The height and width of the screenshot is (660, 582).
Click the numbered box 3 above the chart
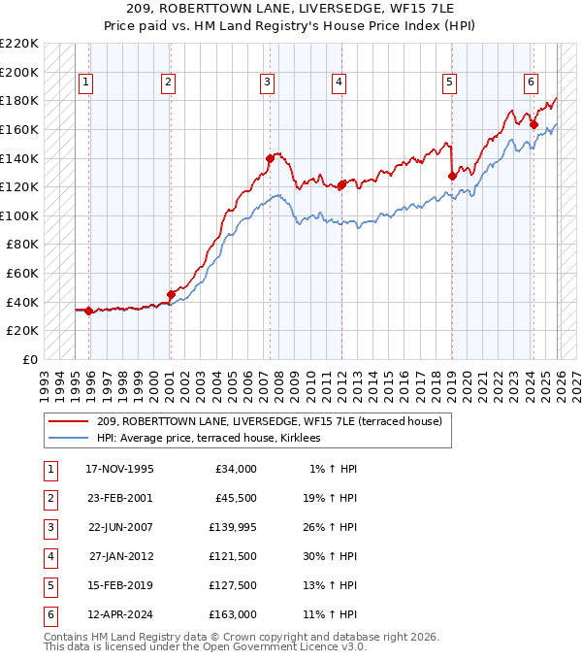266,83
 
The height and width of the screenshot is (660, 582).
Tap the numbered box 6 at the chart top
532,83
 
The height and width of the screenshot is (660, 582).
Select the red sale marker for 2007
270,158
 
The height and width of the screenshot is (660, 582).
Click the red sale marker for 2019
452,176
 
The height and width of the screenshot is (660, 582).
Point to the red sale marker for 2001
171,294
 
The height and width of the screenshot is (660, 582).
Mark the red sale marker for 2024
533,124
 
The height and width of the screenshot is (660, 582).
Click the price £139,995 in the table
232,528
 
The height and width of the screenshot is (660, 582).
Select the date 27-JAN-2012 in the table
121,557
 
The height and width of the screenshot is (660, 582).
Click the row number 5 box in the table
48,586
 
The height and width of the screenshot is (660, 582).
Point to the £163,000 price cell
232,615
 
